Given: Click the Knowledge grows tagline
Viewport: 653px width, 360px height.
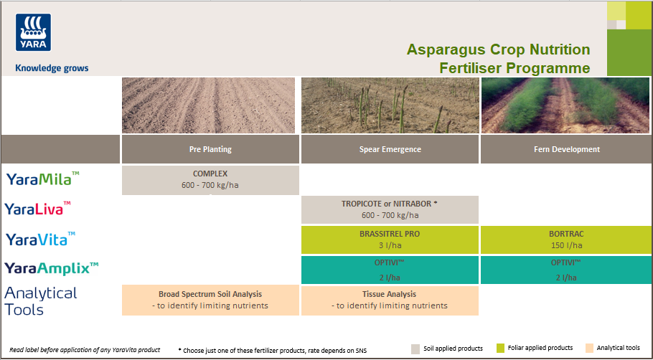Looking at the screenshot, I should (x=52, y=68).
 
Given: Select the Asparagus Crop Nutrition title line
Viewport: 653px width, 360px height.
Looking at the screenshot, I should (x=498, y=49).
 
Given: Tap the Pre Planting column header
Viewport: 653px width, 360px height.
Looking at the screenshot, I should (x=210, y=149).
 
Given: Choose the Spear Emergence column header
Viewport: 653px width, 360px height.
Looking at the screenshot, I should (x=390, y=149).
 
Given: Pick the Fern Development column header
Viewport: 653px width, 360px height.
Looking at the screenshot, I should (x=567, y=149).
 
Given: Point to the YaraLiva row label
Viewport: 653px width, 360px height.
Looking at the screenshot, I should (x=39, y=209).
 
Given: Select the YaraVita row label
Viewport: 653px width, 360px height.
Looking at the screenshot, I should (x=41, y=239).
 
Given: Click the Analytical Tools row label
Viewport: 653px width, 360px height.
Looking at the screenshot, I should (x=40, y=300).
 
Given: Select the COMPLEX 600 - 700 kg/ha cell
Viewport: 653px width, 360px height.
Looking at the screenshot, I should (x=210, y=180).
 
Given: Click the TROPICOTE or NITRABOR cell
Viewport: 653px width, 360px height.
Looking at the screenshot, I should (x=390, y=209).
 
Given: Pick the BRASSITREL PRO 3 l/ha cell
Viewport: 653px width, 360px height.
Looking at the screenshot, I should (x=390, y=239).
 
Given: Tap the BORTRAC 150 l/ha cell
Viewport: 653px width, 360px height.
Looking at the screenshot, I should (x=567, y=239).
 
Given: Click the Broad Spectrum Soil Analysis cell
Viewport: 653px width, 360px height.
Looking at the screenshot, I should (x=210, y=300).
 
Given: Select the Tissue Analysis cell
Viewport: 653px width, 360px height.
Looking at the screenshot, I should (x=390, y=300).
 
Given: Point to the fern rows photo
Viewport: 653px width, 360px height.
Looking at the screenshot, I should (x=567, y=105).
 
